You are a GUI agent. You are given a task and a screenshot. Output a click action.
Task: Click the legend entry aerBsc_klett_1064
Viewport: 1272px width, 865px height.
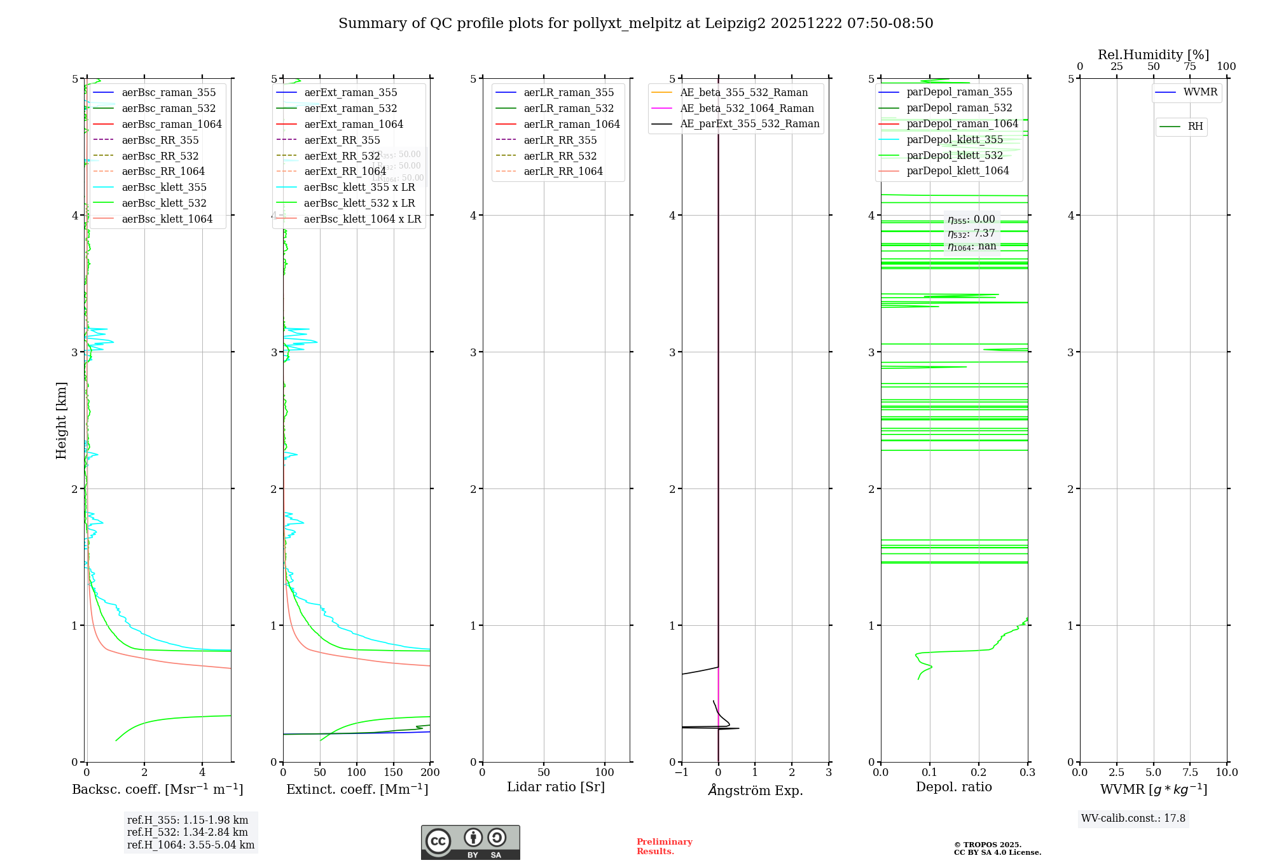167,219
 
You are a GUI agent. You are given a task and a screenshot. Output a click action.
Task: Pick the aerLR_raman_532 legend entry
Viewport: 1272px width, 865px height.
569,108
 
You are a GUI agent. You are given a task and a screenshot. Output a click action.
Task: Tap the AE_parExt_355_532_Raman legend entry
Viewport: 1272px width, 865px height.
749,123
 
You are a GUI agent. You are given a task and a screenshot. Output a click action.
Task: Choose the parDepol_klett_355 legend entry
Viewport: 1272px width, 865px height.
955,139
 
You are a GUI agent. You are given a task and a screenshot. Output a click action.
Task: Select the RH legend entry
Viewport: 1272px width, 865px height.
1195,127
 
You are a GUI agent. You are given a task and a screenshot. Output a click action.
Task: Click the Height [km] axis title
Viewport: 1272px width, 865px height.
61,420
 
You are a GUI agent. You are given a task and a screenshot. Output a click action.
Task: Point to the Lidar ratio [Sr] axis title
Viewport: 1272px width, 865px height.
555,787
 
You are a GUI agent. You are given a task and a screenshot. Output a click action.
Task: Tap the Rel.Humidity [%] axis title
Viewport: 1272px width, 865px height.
1153,55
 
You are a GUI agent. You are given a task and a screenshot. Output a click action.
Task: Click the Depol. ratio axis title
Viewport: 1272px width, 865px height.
953,787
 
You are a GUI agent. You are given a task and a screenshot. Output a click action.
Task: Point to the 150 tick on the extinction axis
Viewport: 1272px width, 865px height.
394,772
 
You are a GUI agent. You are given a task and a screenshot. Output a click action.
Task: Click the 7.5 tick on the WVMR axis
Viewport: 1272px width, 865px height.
1191,772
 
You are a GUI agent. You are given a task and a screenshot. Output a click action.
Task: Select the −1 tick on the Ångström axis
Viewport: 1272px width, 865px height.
681,772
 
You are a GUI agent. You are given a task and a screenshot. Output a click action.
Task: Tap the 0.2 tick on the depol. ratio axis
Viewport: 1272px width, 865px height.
979,772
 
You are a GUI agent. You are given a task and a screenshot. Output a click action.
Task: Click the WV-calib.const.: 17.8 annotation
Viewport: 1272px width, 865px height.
1133,818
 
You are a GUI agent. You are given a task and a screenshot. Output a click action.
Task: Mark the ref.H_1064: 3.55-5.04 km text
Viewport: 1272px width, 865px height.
191,845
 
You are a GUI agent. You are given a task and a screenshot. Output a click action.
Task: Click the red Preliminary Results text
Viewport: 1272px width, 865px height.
664,846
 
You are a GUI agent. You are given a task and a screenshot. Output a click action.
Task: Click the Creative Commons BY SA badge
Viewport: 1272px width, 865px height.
470,842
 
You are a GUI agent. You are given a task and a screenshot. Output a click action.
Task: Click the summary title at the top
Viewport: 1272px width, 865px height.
635,24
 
